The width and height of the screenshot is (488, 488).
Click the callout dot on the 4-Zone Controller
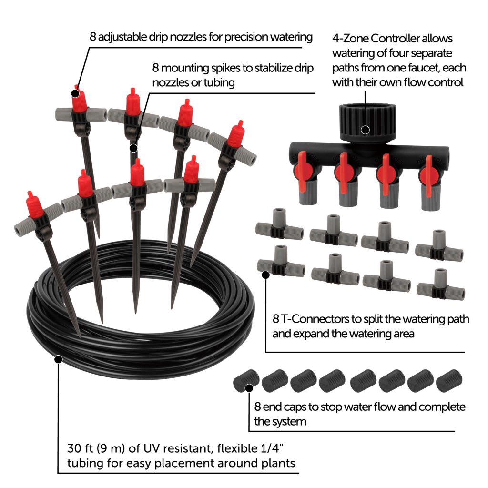click(x=366, y=129)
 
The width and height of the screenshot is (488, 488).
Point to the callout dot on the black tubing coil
click(x=58, y=359)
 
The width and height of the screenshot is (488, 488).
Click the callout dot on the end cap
click(x=249, y=388)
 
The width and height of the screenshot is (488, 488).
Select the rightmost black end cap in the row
click(x=447, y=381)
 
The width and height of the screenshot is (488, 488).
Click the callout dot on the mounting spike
click(x=133, y=148)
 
